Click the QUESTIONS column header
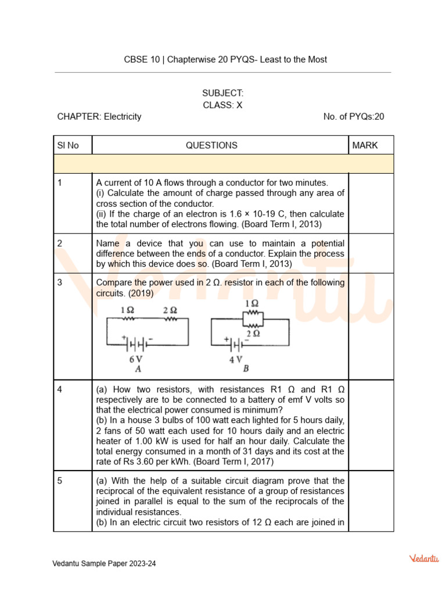[211, 145]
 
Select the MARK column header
[365, 145]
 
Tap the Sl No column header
[68, 145]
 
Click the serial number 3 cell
[60, 283]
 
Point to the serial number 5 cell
[60, 481]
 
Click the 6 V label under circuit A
[136, 359]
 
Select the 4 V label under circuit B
[235, 359]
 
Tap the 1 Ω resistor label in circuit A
[127, 310]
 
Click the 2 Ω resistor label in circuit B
[253, 334]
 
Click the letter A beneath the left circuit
[138, 369]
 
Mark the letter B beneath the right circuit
[246, 369]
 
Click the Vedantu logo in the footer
[424, 558]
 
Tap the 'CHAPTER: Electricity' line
[99, 117]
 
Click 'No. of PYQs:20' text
[354, 117]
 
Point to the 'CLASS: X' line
[222, 105]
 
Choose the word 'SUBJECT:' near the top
[222, 93]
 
